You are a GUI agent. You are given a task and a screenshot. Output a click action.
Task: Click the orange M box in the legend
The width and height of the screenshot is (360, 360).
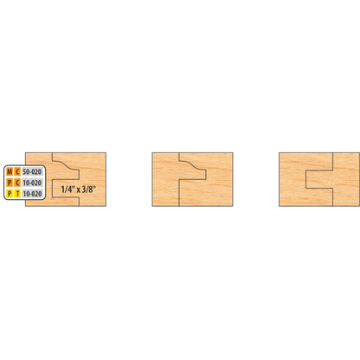click(x=10, y=172)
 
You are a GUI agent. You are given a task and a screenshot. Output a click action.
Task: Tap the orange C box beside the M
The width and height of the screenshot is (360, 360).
click(x=17, y=172)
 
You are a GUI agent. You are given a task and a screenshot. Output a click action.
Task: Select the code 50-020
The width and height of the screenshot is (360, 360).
click(x=32, y=172)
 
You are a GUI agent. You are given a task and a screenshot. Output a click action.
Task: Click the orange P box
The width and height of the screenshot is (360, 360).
click(x=10, y=183)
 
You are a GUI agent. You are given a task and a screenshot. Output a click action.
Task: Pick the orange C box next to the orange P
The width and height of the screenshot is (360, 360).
click(x=17, y=183)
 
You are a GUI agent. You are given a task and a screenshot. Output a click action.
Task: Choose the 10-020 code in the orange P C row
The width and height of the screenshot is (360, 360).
click(x=32, y=183)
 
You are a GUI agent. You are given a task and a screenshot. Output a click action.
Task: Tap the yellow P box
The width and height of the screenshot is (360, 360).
click(x=10, y=194)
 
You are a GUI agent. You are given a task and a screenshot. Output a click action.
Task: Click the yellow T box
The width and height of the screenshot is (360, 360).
click(x=17, y=194)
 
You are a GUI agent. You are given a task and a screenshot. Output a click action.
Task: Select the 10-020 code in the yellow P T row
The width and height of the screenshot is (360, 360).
click(x=32, y=194)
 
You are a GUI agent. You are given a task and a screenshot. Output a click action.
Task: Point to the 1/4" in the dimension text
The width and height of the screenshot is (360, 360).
click(x=68, y=190)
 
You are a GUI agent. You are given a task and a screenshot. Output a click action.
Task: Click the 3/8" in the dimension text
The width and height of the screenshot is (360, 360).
click(x=88, y=190)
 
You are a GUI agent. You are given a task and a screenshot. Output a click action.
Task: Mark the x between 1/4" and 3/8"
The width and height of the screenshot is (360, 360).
click(x=78, y=190)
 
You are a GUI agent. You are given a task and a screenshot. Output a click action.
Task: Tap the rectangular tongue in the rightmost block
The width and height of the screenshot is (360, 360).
click(x=319, y=179)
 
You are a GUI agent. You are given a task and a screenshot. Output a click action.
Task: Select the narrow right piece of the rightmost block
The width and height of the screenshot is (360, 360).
click(x=346, y=179)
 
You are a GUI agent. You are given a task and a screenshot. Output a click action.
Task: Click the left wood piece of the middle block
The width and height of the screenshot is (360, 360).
click(x=165, y=179)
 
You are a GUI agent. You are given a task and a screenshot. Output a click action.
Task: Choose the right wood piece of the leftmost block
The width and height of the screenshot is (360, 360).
click(x=93, y=179)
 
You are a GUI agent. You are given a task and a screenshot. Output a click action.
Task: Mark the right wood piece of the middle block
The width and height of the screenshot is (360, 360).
click(x=219, y=179)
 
